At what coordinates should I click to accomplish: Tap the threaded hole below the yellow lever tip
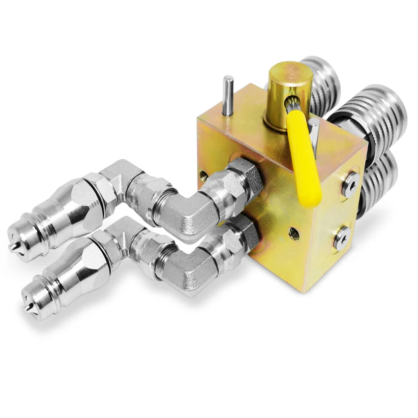(x=294, y=233)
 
